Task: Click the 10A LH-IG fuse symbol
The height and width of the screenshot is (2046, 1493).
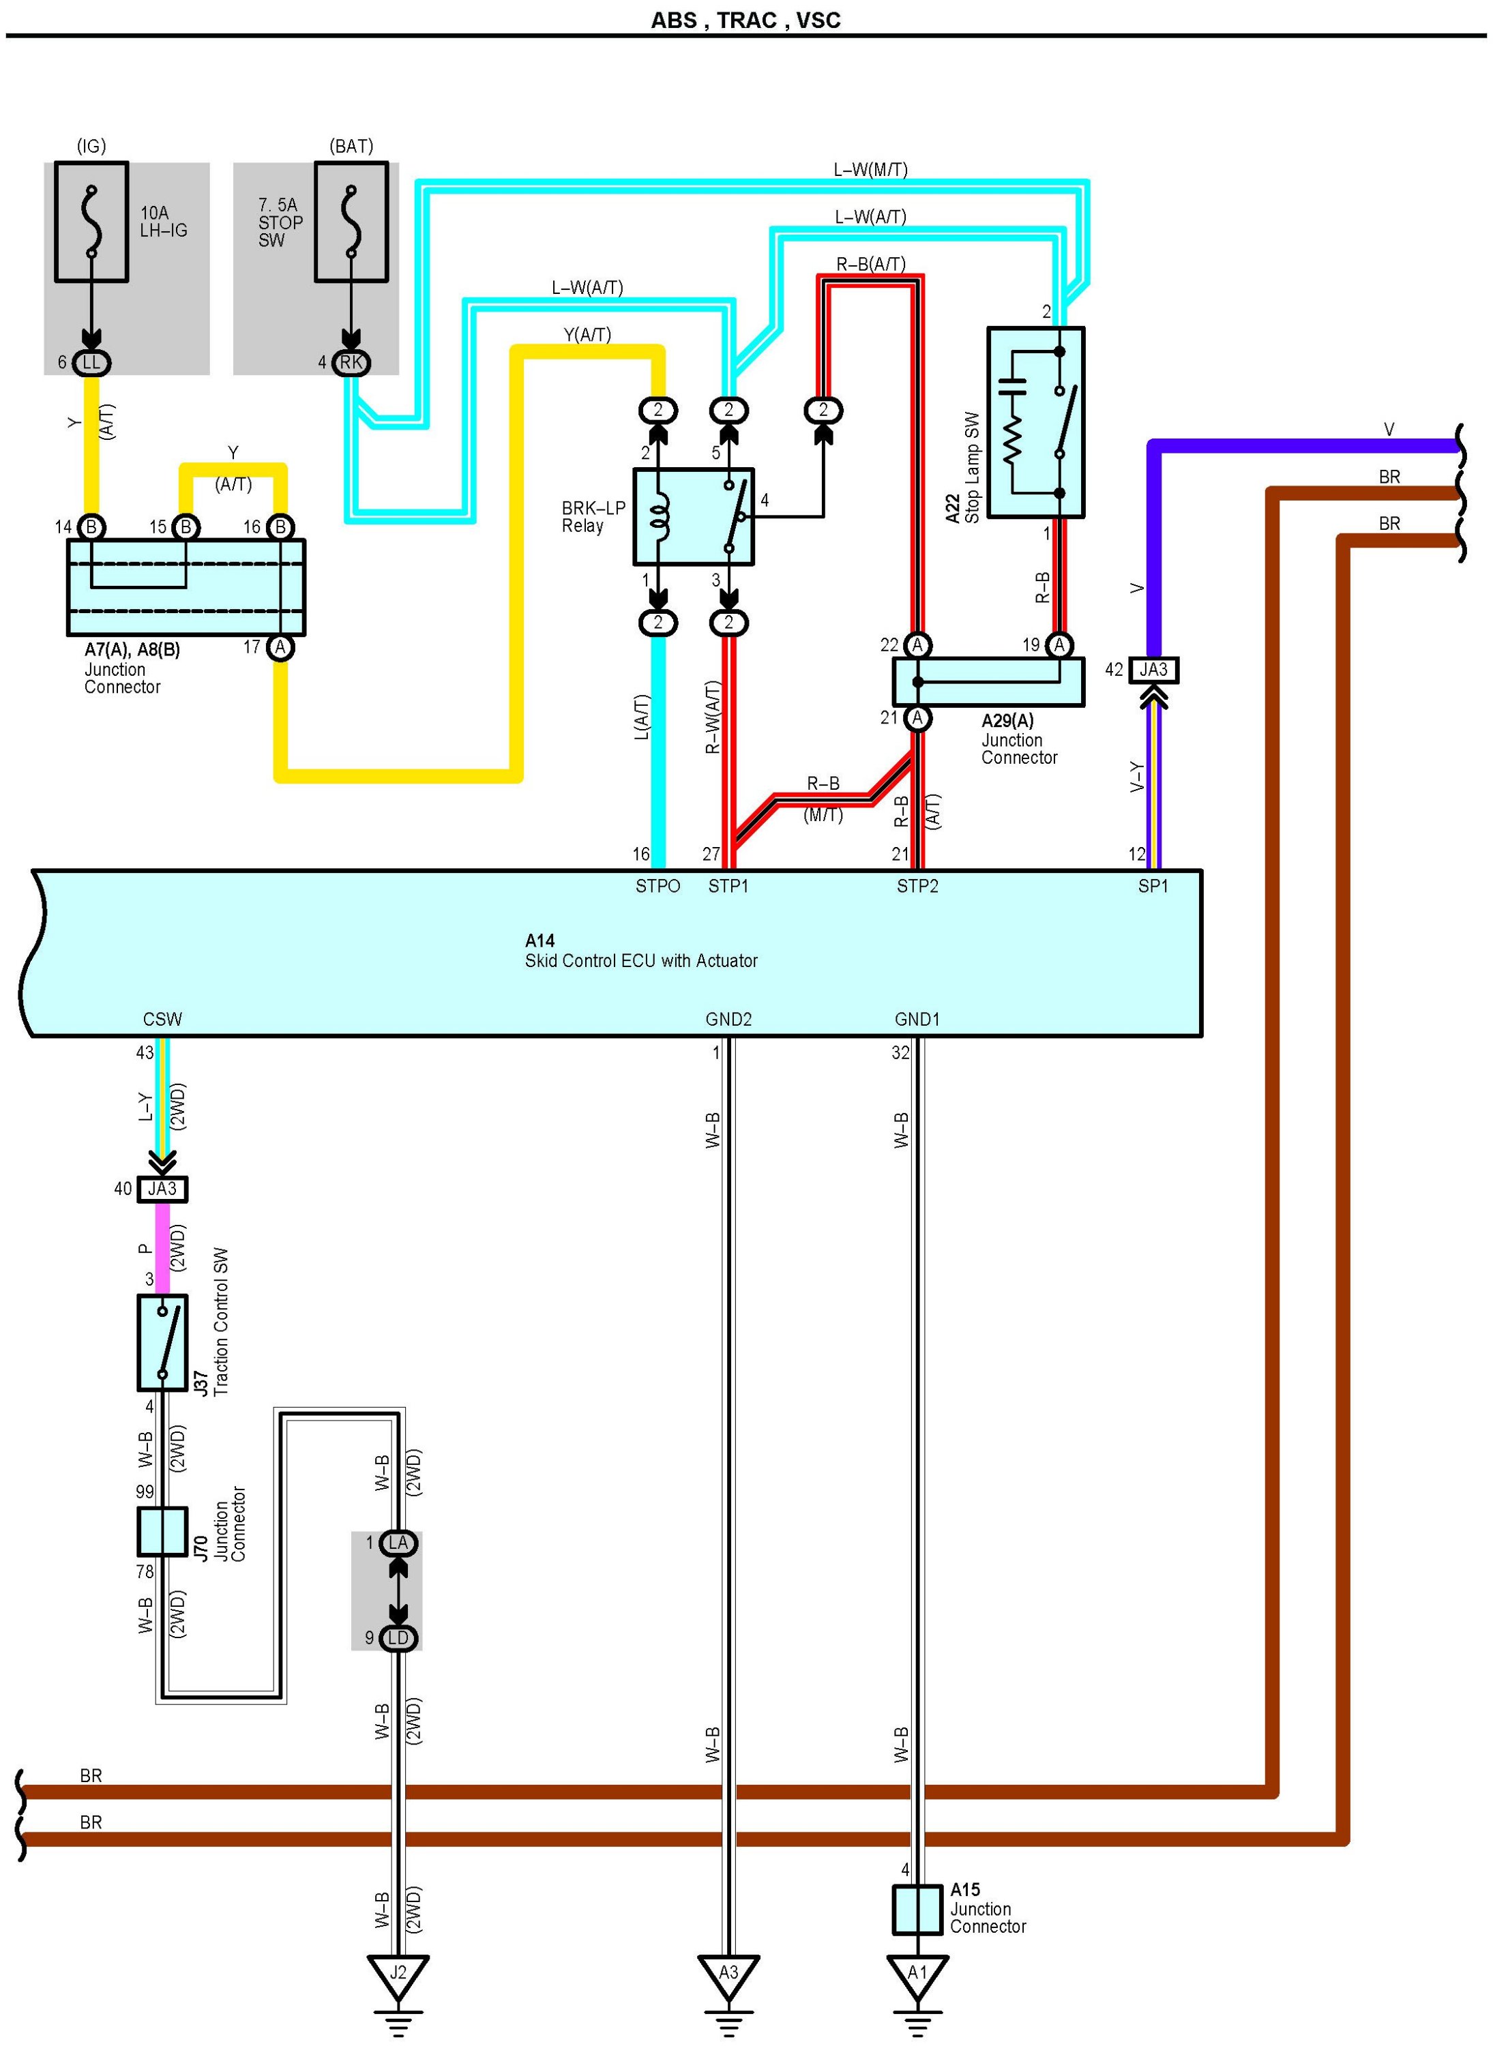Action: [91, 222]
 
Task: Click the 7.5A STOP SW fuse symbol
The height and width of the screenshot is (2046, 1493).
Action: [351, 222]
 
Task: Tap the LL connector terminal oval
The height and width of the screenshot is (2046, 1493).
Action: [91, 362]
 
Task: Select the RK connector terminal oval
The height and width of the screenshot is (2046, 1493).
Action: [351, 362]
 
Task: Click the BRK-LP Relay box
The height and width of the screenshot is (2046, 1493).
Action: [693, 517]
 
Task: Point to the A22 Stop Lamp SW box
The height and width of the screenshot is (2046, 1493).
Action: [1036, 422]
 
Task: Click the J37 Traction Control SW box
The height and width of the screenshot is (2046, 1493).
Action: [163, 1343]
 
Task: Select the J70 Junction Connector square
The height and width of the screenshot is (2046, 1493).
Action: [163, 1532]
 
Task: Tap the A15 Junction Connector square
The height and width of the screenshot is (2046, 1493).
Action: [917, 1910]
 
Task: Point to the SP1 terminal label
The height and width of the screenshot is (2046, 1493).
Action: [1153, 887]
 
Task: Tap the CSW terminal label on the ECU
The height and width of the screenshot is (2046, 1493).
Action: [163, 1020]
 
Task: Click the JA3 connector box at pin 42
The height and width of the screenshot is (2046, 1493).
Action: [1153, 670]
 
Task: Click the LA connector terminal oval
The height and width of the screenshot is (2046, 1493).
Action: [398, 1543]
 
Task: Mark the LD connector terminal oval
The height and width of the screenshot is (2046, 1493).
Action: [398, 1638]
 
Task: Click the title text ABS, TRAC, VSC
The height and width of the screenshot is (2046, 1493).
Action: [745, 20]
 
